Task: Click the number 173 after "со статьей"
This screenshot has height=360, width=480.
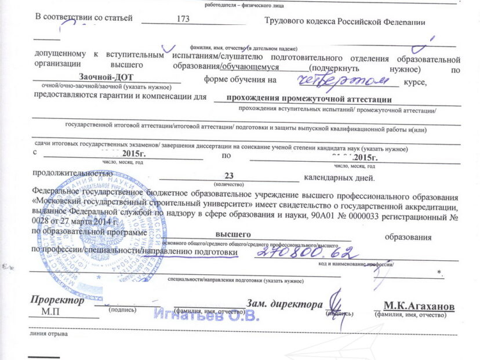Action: coord(183,20)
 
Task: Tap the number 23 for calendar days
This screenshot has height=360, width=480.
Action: coord(228,176)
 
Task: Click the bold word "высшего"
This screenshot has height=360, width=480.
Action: coord(232,234)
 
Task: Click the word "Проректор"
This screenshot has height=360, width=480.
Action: coord(57,300)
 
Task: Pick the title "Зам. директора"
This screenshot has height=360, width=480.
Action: coord(284,304)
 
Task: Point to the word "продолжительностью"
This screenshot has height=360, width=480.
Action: coord(72,173)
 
